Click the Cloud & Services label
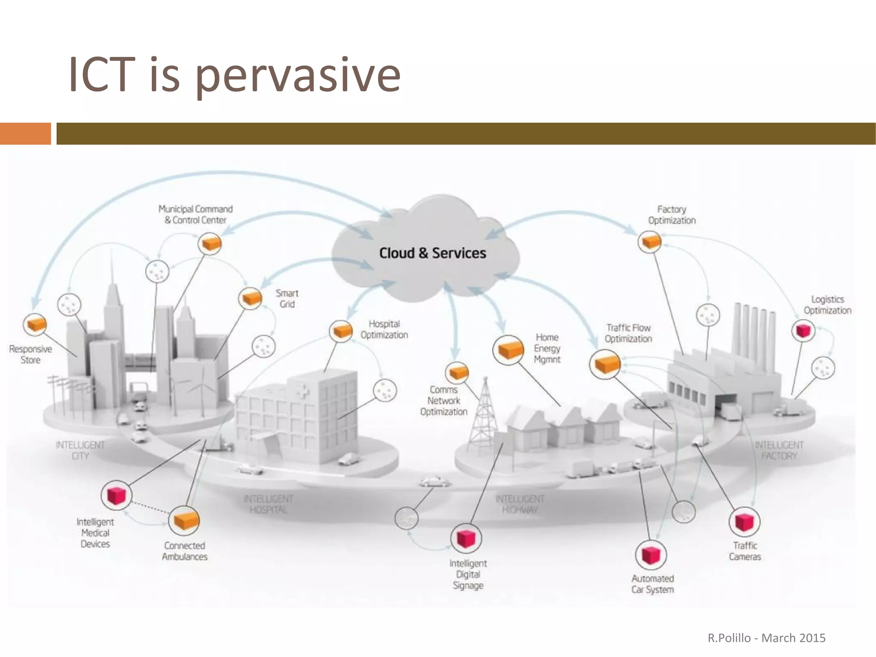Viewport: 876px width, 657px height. click(x=432, y=253)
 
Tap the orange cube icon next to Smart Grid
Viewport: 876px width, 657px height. click(x=250, y=298)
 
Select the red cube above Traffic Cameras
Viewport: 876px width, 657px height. click(x=744, y=522)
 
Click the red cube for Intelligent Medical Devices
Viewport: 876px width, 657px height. click(x=116, y=495)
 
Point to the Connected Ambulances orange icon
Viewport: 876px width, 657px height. click(x=184, y=520)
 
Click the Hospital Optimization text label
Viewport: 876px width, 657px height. click(x=384, y=329)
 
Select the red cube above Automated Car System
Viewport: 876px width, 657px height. click(x=651, y=555)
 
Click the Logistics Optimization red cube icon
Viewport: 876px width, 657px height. click(x=803, y=330)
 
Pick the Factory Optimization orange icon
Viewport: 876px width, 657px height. click(x=650, y=242)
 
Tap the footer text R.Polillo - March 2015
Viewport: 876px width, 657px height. click(x=766, y=638)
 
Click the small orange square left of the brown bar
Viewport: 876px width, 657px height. click(x=25, y=134)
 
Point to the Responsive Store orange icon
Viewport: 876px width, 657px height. click(x=35, y=324)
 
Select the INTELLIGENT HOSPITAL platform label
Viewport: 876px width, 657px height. click(x=268, y=504)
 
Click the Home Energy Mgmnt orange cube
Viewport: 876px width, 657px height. click(x=509, y=350)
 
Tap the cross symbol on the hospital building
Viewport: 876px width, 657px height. click(x=303, y=391)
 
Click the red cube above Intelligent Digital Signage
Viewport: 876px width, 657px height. click(x=466, y=538)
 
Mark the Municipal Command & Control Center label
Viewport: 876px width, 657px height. click(x=195, y=214)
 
